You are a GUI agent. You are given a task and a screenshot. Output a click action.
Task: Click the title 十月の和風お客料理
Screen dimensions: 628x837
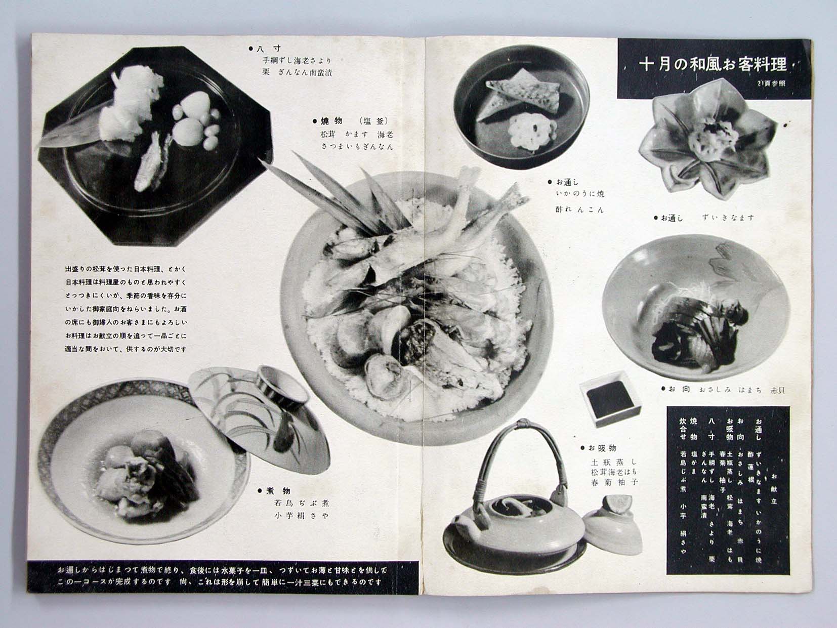point(713,65)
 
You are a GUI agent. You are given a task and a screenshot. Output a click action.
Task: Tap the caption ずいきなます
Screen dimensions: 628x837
point(728,218)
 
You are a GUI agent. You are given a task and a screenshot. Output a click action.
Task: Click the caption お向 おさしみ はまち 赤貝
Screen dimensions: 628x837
point(724,390)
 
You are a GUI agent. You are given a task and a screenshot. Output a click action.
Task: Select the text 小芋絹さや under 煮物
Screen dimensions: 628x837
point(301,516)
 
